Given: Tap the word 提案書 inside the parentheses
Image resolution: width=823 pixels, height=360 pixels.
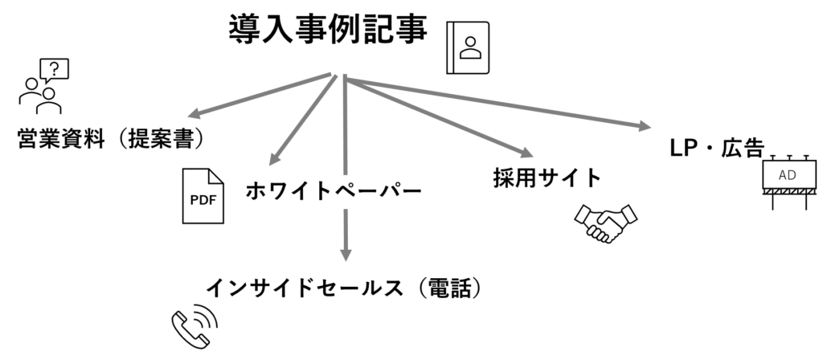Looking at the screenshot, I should point(162,140).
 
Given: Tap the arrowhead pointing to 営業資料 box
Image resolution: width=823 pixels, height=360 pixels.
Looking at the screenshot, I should point(194,113).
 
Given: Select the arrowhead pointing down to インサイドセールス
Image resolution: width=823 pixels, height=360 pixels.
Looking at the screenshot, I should point(346,254).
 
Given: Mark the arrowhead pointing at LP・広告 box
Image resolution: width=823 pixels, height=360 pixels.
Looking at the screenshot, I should point(645,126).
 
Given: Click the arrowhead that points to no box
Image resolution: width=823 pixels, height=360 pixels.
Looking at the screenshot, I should point(526,152).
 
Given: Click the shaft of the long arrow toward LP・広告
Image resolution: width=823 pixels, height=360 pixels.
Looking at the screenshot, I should point(498,102).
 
